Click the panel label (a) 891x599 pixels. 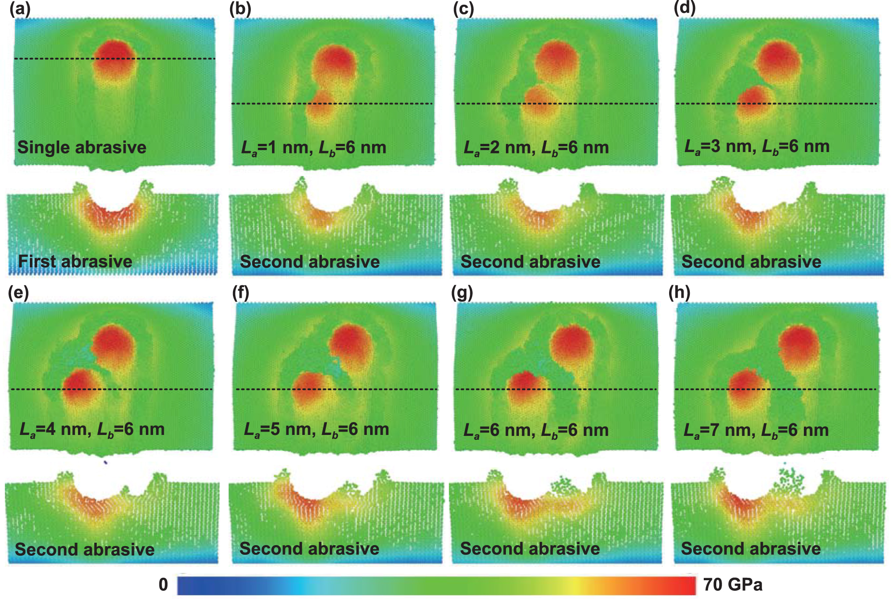coord(20,10)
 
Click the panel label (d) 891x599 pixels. coord(684,9)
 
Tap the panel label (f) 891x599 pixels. coord(240,293)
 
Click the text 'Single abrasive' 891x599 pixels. coord(82,147)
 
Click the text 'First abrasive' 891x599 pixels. coord(75,261)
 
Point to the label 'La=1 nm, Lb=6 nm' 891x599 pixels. coord(313,148)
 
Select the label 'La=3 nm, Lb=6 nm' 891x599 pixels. coord(757,146)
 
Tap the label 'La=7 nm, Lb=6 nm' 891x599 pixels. coord(756,430)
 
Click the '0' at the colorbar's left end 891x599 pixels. coord(163,585)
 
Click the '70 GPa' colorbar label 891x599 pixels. coord(733,585)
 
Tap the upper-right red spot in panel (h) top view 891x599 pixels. coord(799,343)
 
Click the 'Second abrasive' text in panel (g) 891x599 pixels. coord(529,548)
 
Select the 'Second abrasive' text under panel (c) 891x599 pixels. coord(530,262)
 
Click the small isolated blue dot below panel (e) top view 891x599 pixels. coord(105,463)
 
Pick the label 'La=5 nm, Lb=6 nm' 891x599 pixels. coord(316,429)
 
